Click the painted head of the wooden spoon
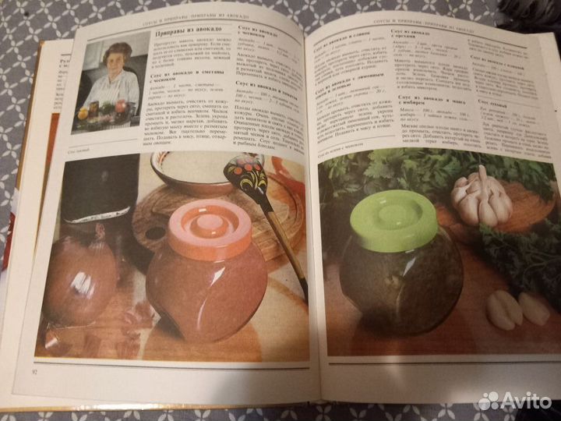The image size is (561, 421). (245, 175)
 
